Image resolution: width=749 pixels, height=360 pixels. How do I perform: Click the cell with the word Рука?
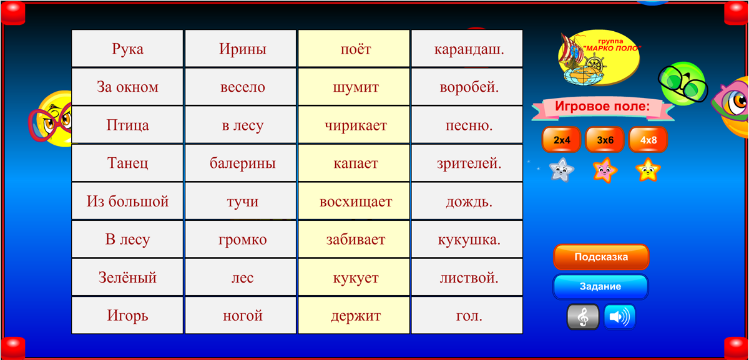[x=127, y=49]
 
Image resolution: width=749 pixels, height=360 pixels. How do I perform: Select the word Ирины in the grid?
[x=241, y=49]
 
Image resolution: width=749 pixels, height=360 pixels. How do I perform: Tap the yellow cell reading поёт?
[x=354, y=49]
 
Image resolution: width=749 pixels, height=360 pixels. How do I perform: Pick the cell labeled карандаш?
[x=467, y=49]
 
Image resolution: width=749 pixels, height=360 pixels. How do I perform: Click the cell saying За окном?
[x=127, y=87]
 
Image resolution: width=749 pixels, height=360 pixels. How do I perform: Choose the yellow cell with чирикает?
[x=354, y=125]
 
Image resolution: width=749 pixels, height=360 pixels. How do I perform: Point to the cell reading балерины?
[x=241, y=163]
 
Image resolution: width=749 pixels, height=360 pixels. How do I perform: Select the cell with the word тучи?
[x=241, y=201]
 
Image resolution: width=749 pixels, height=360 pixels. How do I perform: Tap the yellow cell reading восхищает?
[x=354, y=201]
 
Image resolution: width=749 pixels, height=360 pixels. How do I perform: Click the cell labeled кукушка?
[x=467, y=239]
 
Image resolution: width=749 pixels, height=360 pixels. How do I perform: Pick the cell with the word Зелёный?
[x=127, y=277]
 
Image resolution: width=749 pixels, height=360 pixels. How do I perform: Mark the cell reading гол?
[x=467, y=315]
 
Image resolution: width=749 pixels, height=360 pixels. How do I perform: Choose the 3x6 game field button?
[x=605, y=140]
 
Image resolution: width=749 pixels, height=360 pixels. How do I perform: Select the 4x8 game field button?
[x=648, y=140]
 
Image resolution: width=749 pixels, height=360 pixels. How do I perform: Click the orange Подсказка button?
[x=601, y=256]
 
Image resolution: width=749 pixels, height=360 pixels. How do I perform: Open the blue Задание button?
[x=600, y=286]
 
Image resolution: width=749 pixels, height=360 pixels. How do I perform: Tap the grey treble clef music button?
[x=583, y=317]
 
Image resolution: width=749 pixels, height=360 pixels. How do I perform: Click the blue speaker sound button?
[x=620, y=317]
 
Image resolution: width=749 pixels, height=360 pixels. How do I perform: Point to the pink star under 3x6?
[x=605, y=170]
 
